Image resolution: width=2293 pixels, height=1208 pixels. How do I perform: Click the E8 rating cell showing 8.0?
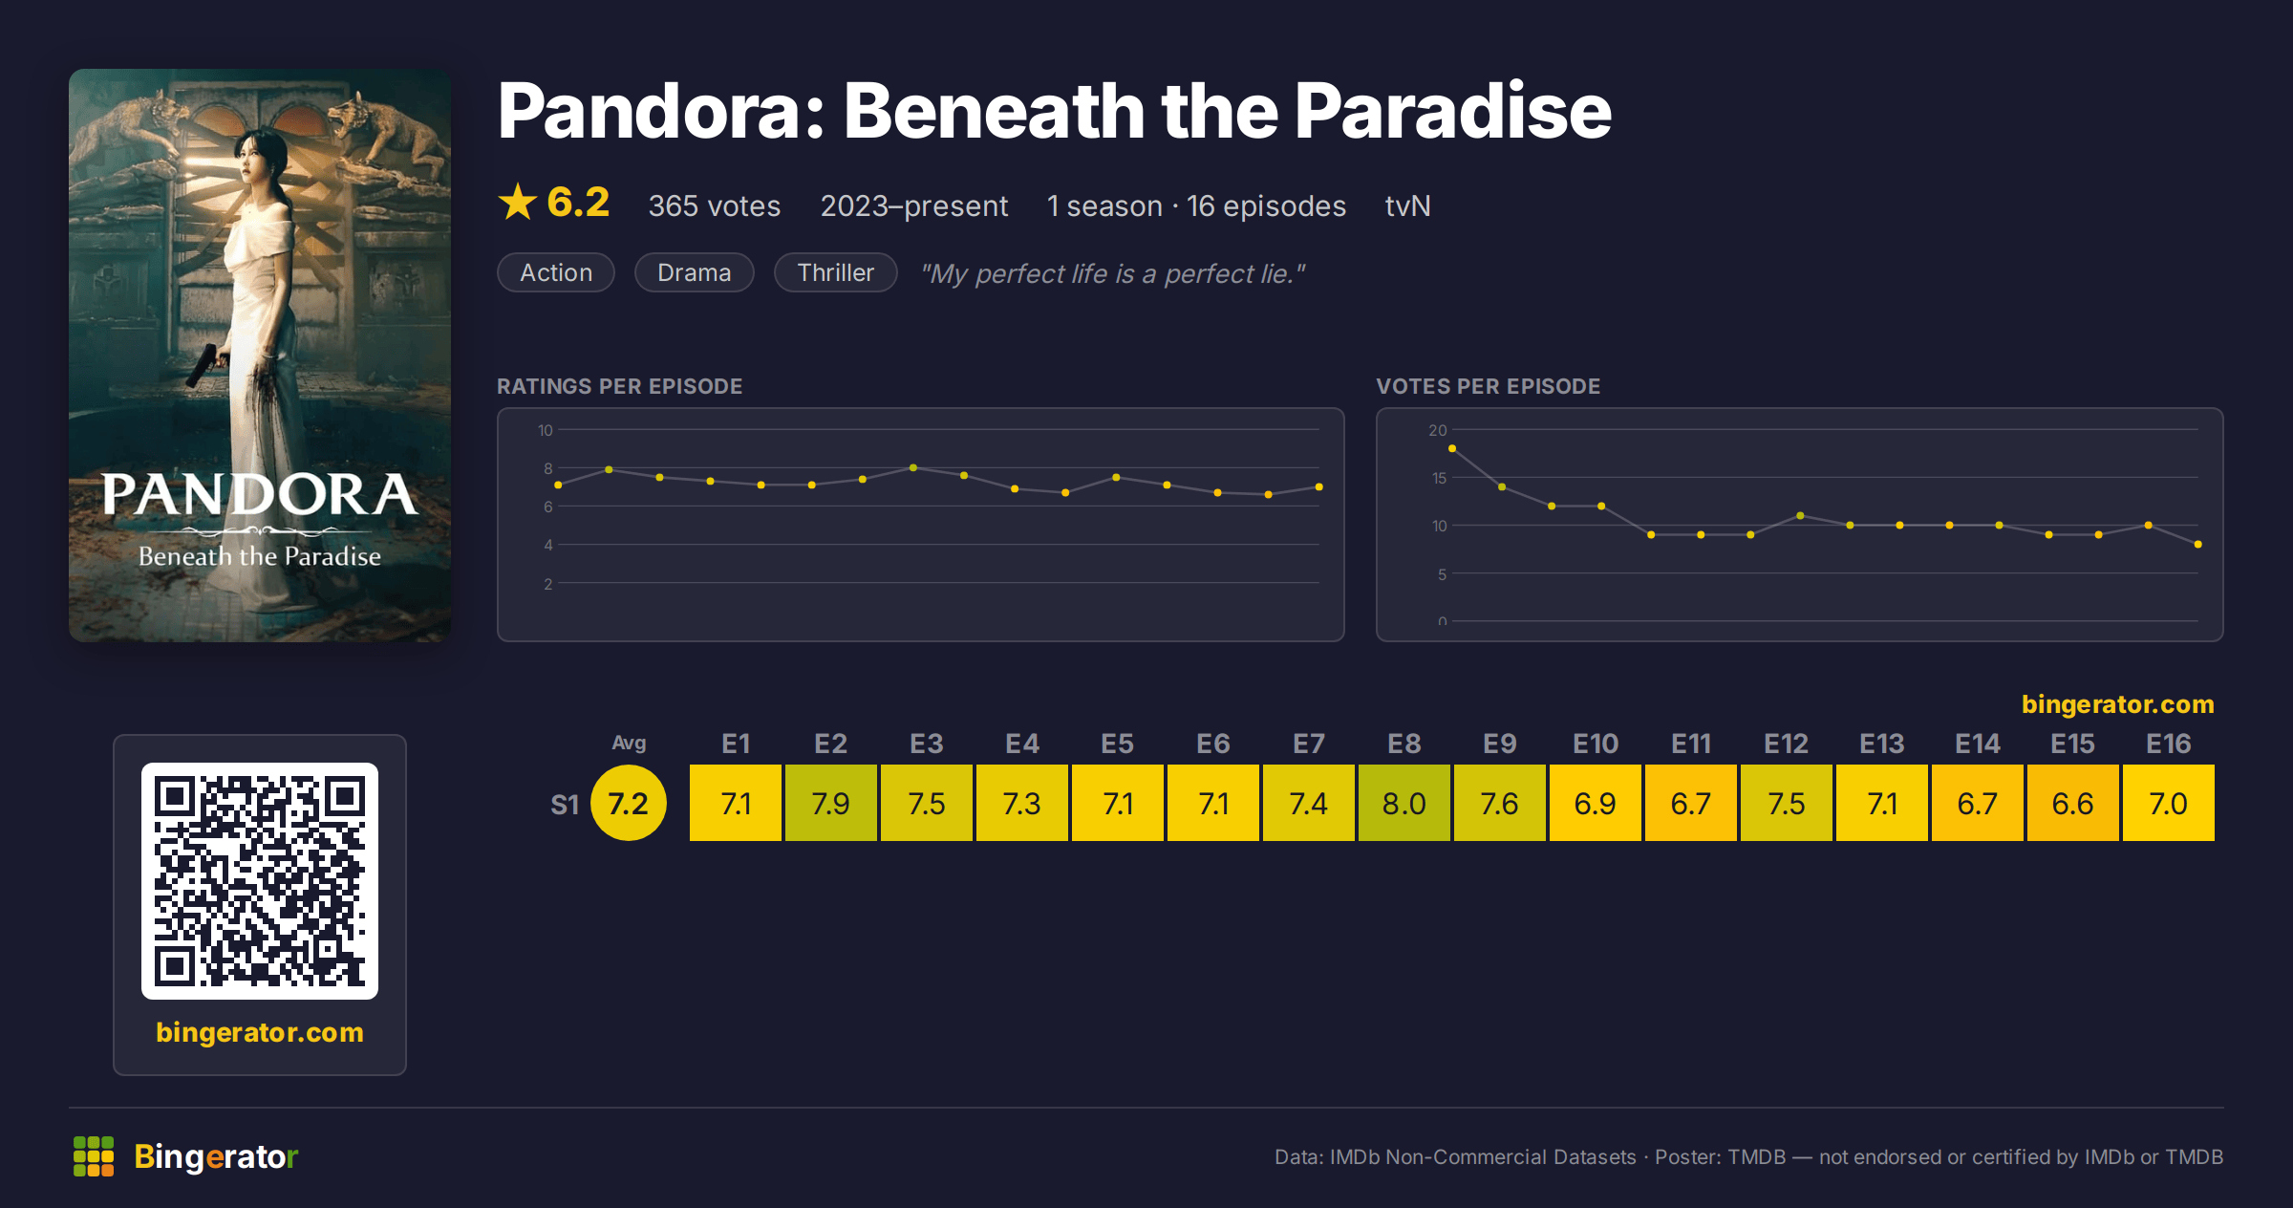point(1404,803)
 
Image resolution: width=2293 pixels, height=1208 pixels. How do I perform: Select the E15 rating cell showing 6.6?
point(2072,803)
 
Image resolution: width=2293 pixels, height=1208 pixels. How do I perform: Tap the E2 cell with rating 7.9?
point(830,803)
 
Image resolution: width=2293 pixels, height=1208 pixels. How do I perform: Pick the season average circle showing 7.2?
point(628,803)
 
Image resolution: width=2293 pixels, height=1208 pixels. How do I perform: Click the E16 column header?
point(2168,744)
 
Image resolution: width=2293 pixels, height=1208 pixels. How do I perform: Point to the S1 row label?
point(565,805)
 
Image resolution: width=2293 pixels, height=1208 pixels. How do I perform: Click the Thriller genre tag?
point(835,272)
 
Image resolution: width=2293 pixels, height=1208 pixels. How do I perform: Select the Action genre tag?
point(556,272)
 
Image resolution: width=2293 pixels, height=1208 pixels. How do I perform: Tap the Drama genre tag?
point(695,272)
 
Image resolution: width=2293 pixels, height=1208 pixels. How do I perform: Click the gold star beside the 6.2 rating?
point(518,202)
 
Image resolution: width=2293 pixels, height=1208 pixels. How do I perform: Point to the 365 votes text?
point(715,205)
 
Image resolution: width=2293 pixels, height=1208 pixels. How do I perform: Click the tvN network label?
point(1407,205)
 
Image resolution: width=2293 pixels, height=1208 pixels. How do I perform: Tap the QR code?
point(260,880)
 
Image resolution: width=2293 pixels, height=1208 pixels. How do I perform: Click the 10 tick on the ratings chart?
point(545,430)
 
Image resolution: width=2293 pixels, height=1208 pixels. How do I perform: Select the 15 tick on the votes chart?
point(1439,478)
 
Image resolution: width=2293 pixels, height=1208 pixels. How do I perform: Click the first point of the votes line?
point(1452,448)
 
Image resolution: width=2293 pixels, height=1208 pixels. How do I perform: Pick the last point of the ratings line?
point(1319,487)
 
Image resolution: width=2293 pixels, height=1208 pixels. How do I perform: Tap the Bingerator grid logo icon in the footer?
point(94,1156)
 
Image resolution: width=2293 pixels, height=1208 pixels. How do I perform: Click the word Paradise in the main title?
point(1452,111)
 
